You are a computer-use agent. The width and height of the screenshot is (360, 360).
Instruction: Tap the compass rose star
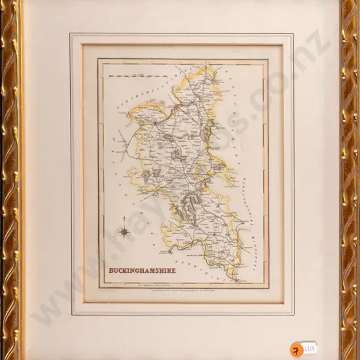(x=123, y=230)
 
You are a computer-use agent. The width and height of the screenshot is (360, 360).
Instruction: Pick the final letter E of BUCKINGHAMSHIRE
(x=175, y=269)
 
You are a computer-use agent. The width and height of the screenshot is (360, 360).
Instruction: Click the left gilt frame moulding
(x=10, y=180)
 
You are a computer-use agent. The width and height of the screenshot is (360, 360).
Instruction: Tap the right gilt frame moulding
(x=350, y=180)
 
